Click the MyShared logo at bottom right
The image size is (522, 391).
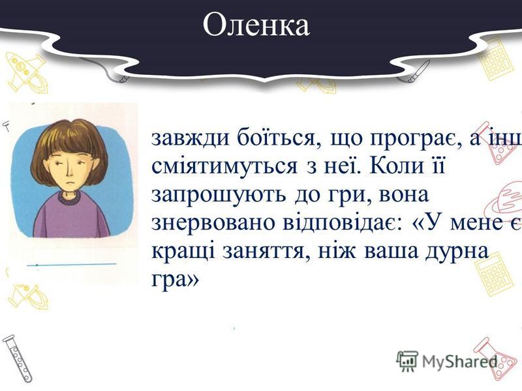point(450,360)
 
